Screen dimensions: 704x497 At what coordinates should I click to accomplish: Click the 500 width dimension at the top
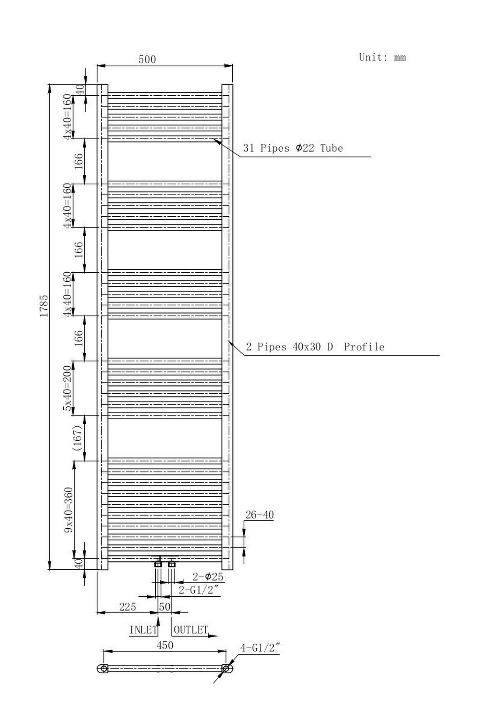[147, 60]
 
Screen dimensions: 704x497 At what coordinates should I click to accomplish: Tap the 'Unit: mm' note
[382, 57]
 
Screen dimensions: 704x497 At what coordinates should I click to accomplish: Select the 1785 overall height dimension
[44, 306]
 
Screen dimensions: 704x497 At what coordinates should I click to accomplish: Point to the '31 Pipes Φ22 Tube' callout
[293, 148]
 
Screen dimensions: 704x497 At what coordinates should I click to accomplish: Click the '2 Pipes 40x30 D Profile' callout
[315, 347]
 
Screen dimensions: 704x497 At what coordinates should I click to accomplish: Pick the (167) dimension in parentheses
[78, 438]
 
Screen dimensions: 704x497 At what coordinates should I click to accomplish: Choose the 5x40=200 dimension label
[68, 388]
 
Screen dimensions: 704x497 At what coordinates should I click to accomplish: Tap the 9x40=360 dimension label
[68, 510]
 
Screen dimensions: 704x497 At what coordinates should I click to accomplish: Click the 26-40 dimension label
[260, 515]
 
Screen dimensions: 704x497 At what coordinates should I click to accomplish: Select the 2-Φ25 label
[207, 576]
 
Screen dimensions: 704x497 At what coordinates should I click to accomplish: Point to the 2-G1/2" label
[198, 590]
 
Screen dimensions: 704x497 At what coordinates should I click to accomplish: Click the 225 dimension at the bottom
[128, 607]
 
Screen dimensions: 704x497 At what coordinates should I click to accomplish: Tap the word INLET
[143, 630]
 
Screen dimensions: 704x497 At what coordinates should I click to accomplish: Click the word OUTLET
[191, 630]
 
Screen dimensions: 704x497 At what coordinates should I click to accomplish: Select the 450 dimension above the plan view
[165, 645]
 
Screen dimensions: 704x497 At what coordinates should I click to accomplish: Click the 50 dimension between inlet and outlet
[164, 607]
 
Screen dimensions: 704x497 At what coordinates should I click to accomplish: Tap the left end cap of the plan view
[104, 668]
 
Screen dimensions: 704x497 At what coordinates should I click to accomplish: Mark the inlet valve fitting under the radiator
[158, 564]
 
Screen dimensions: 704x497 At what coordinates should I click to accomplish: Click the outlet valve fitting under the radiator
[172, 564]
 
